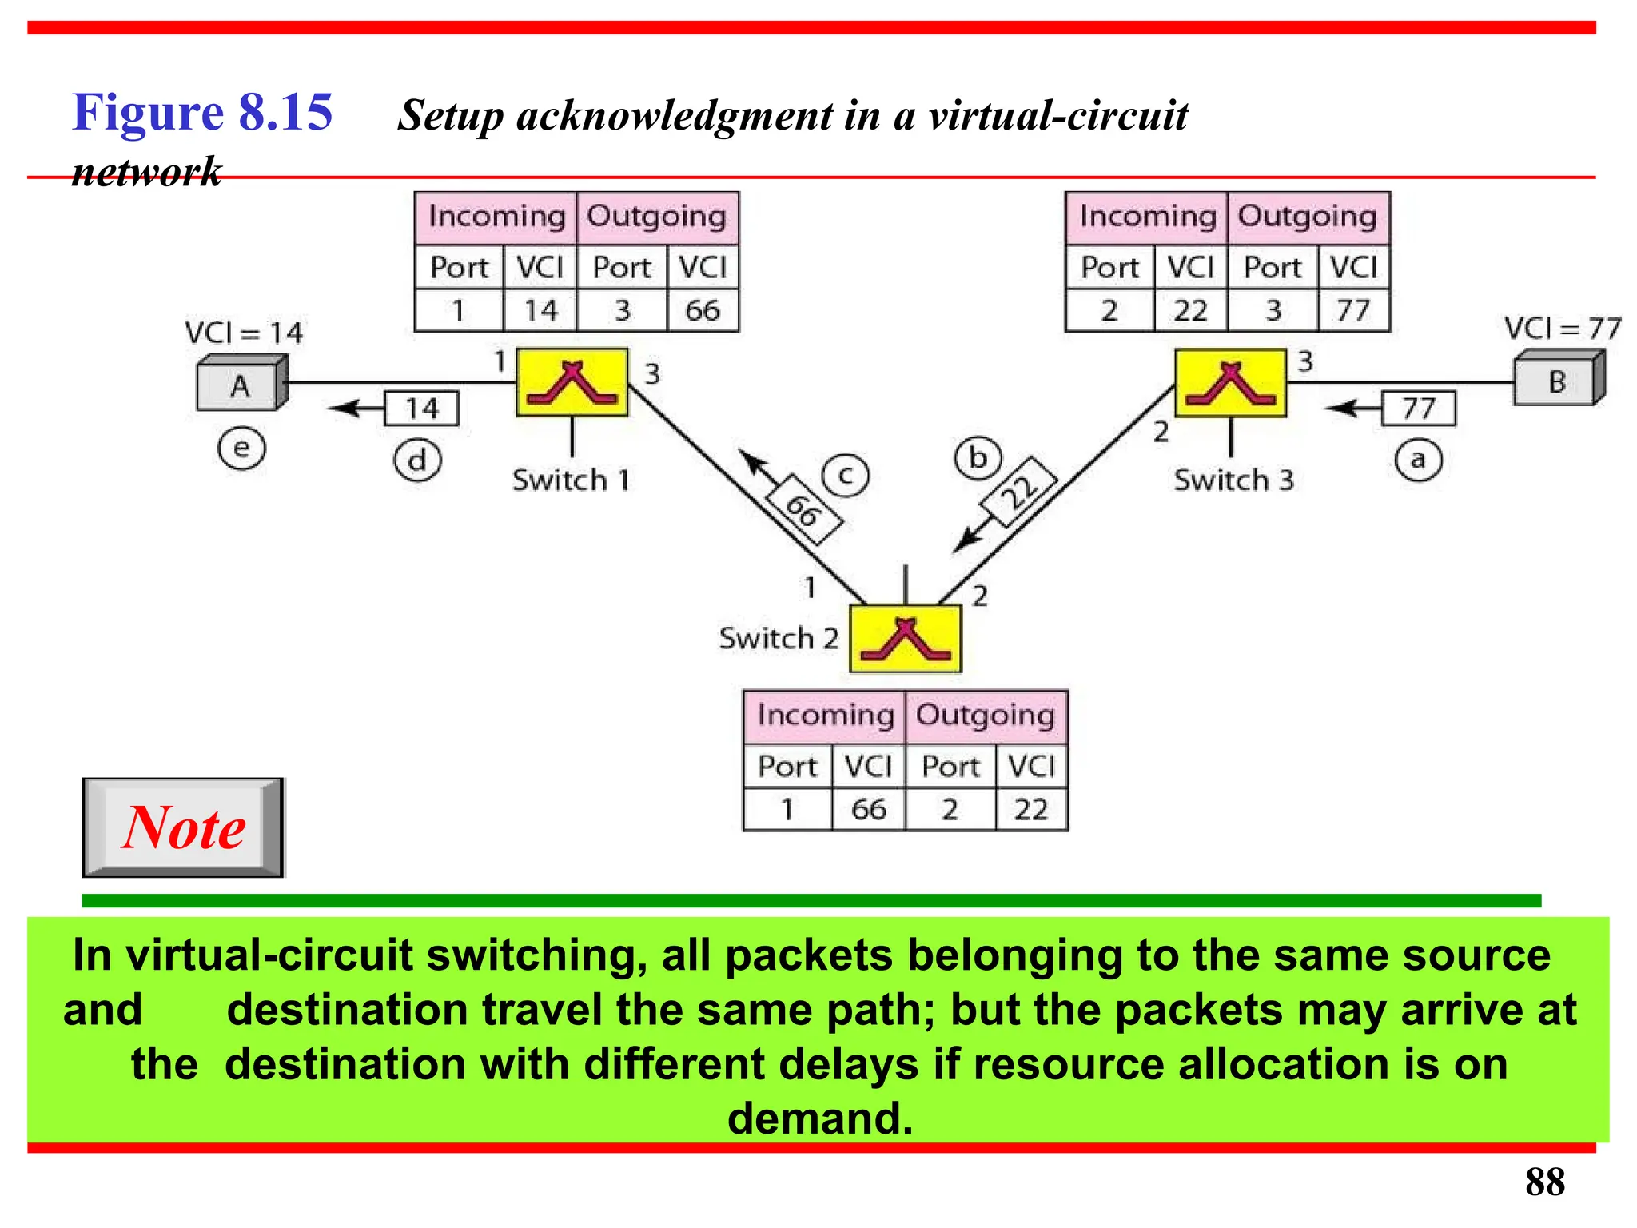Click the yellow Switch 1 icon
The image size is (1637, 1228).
[572, 382]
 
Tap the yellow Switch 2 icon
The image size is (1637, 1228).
[905, 639]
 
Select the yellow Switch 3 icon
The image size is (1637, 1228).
[1230, 383]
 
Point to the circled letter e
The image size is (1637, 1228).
[241, 449]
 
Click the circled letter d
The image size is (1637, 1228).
[417, 461]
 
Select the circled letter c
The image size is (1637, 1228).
[846, 476]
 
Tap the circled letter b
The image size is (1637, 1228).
[978, 459]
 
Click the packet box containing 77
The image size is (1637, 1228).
[1419, 409]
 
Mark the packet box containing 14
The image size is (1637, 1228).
[422, 409]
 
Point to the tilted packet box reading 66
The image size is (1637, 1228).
[803, 510]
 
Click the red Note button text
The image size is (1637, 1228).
[184, 827]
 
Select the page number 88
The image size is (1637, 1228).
[1544, 1182]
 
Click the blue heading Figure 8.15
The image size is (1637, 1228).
[202, 112]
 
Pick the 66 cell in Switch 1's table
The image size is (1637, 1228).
[703, 310]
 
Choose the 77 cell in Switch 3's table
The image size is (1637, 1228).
[1353, 310]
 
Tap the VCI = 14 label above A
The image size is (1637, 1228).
[244, 333]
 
